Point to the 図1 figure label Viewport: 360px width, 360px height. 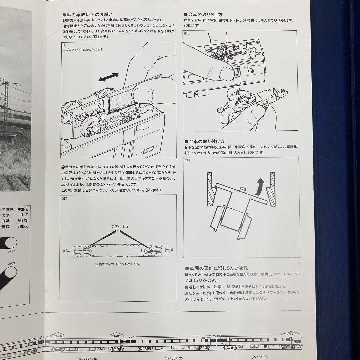65,45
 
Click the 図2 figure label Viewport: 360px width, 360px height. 64,198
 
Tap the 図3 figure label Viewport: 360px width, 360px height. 187,33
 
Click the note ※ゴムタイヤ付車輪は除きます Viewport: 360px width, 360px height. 83,50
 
